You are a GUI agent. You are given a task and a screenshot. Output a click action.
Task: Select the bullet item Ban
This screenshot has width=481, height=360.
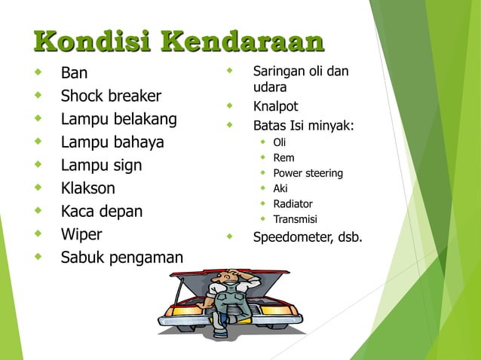74,74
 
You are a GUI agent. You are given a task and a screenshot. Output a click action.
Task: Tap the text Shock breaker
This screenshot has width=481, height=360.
111,96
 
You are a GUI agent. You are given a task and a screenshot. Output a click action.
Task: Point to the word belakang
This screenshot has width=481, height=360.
150,119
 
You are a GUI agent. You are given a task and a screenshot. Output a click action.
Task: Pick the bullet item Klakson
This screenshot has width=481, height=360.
88,188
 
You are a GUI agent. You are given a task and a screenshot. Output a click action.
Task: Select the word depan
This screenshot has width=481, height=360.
121,212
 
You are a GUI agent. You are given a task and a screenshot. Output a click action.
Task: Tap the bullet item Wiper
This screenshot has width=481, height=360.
81,234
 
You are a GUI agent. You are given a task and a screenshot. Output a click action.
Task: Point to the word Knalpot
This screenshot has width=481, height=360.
275,106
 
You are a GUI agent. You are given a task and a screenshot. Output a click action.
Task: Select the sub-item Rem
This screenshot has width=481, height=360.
283,157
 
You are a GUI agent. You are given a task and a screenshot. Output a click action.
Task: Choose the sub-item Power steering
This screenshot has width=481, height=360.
308,173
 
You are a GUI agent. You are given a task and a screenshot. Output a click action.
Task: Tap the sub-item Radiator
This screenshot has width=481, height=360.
293,204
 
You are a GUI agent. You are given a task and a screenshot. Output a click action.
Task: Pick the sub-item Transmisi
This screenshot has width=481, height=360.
295,220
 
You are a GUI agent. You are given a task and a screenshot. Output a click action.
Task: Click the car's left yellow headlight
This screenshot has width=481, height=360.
183,309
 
